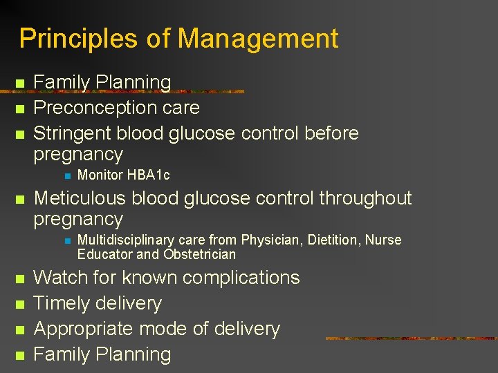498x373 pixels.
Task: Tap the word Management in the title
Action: tap(259, 39)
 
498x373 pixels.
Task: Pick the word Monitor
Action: tap(100, 175)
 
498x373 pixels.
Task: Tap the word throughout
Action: tap(365, 199)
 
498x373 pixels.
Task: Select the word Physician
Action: tap(268, 240)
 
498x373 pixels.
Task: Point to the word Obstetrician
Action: tap(199, 254)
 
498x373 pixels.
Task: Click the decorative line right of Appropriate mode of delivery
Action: tap(411, 338)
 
